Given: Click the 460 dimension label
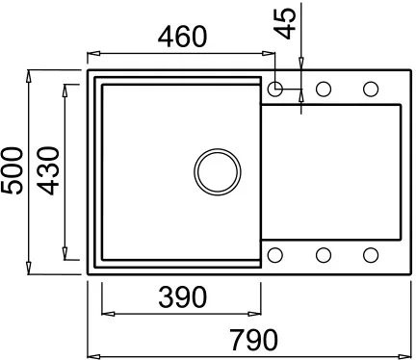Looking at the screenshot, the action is [182, 37].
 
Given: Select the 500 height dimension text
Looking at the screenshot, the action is [13, 170].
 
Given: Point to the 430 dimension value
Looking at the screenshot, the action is [48, 170].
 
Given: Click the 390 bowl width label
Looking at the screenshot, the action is [183, 296].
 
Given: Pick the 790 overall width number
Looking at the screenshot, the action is [254, 340].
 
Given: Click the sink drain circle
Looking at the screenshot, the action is [218, 171].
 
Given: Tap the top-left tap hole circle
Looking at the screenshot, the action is [275, 89].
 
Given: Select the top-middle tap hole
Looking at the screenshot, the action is [324, 89].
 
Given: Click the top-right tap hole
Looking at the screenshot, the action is [371, 89].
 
